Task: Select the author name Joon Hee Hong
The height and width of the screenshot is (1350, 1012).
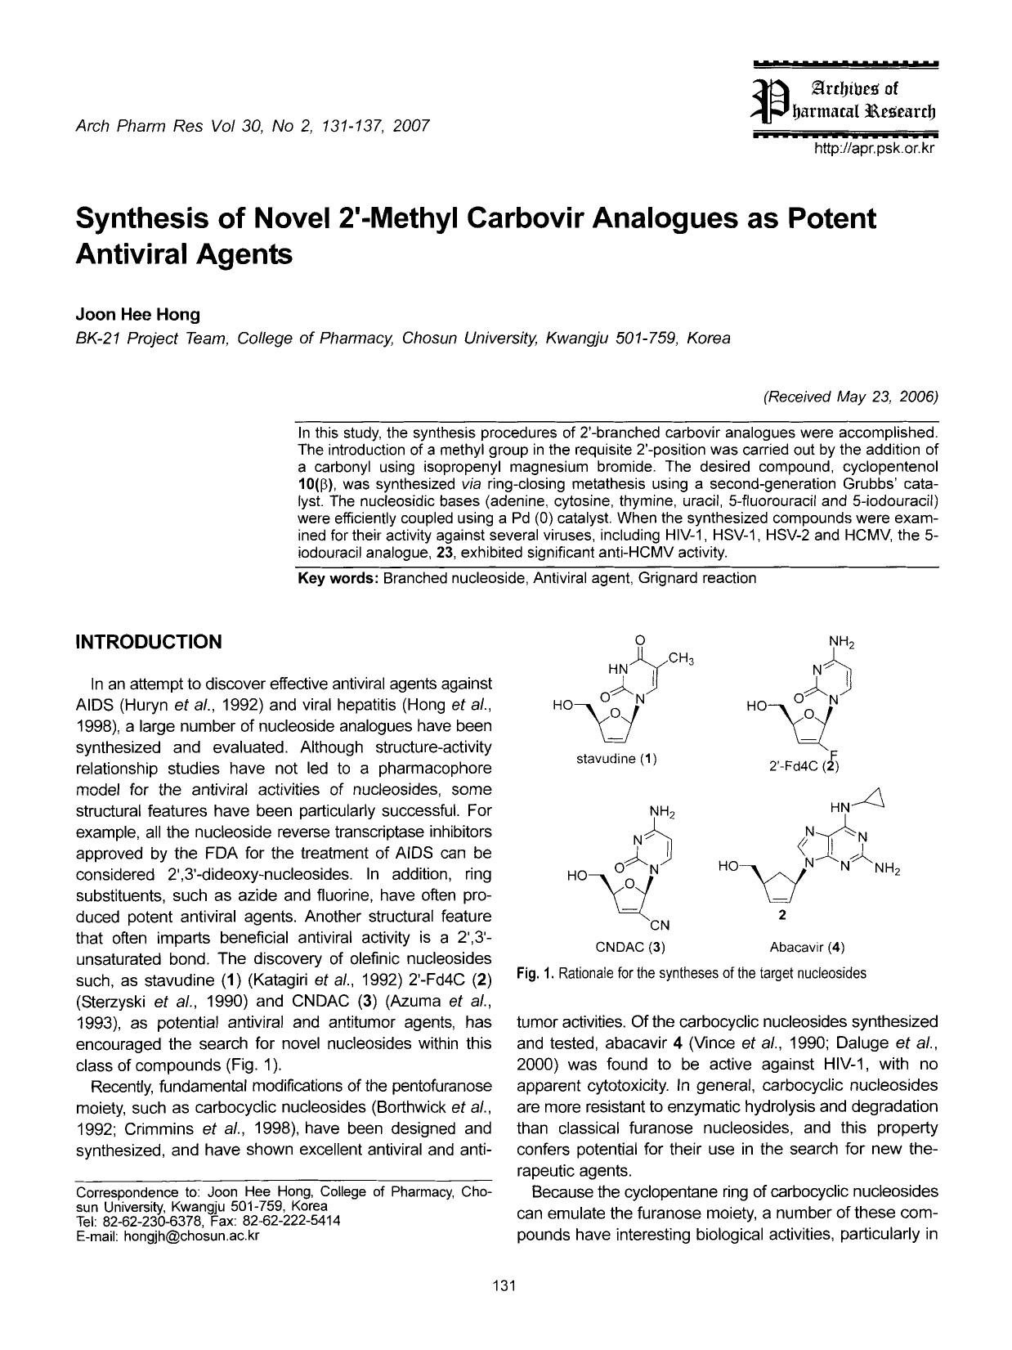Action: [x=137, y=315]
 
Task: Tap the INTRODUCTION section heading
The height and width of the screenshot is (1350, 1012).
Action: [x=148, y=642]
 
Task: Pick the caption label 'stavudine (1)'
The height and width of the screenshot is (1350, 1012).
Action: [x=617, y=758]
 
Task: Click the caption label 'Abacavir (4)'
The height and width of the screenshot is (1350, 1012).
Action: [x=807, y=948]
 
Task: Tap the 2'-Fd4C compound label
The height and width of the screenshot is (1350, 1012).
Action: [x=804, y=767]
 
